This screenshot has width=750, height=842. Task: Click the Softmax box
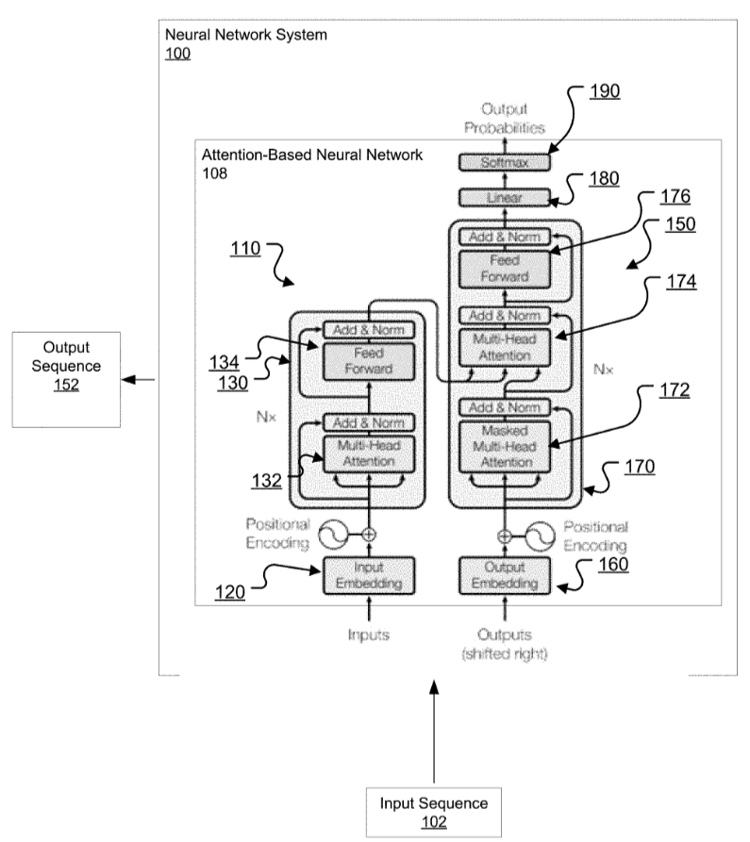pos(503,162)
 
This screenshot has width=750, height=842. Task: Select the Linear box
pos(503,198)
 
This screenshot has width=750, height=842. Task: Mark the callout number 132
pos(266,480)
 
